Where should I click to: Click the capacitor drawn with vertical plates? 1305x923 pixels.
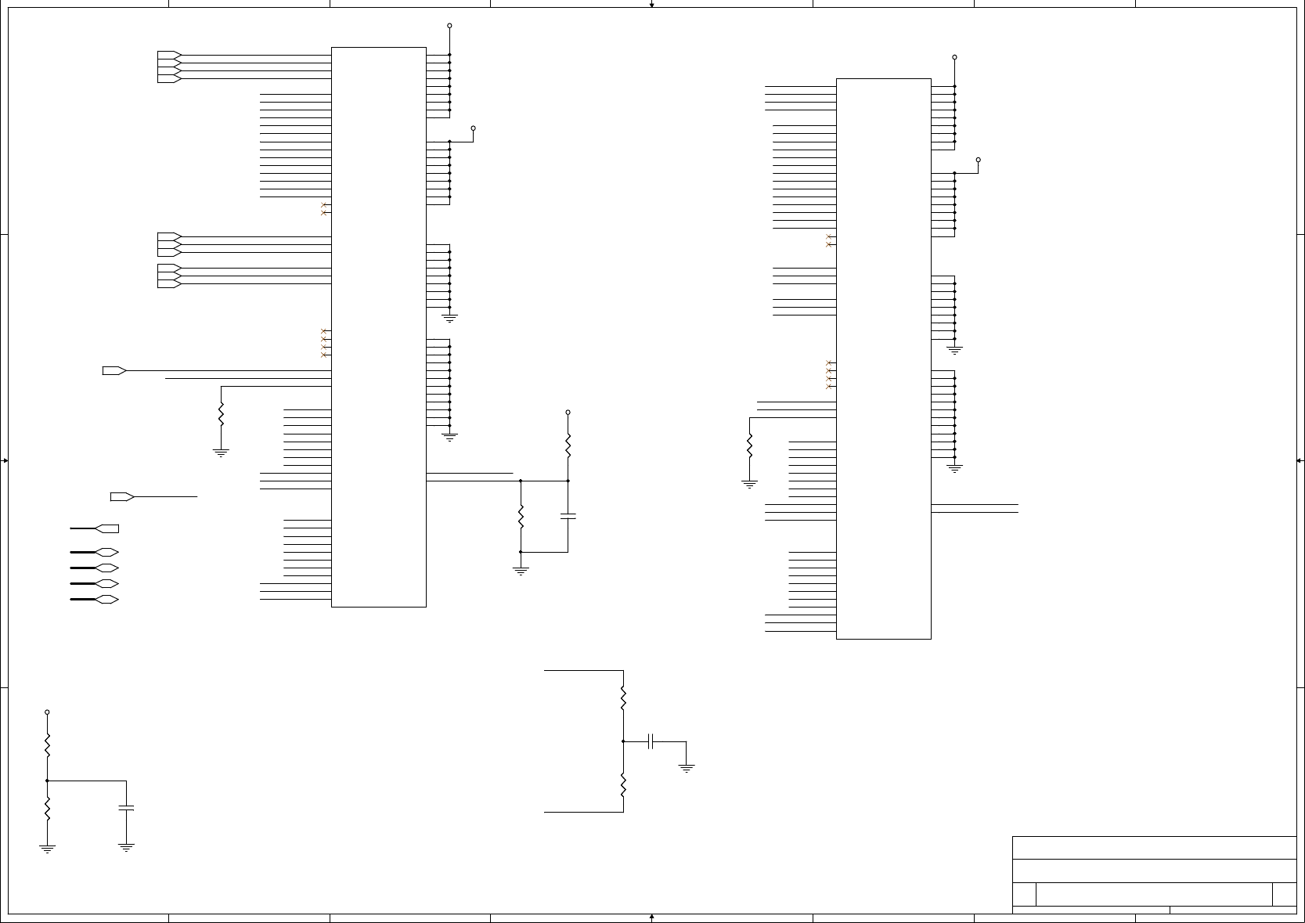(x=651, y=741)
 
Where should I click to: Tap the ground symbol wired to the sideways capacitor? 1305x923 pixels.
(x=687, y=769)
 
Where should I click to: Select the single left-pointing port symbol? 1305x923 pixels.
(x=106, y=528)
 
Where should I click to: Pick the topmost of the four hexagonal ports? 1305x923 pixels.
(x=106, y=552)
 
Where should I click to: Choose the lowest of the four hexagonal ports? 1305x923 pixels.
(x=106, y=600)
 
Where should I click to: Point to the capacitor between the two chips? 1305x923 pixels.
(x=568, y=517)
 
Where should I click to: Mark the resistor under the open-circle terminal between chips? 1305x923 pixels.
(x=568, y=446)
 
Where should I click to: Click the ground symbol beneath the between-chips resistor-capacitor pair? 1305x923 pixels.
(x=521, y=571)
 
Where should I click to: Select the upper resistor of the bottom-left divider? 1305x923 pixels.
(x=47, y=745)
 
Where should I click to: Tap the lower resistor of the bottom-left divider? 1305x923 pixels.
(x=47, y=808)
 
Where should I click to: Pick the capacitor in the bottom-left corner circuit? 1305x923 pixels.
(x=126, y=808)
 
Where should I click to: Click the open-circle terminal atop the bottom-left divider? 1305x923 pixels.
(x=47, y=712)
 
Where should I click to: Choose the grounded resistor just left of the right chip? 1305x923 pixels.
(x=749, y=446)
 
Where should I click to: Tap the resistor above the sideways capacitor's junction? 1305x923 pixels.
(x=623, y=698)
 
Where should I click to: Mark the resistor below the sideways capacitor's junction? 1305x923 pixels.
(x=623, y=784)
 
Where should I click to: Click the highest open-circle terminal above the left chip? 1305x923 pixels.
(x=449, y=26)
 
